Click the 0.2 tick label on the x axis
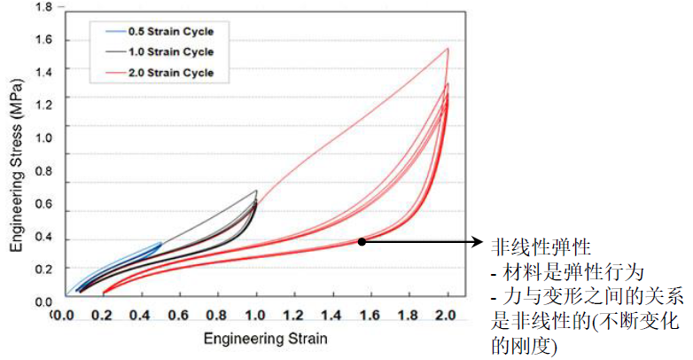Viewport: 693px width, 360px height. (103, 315)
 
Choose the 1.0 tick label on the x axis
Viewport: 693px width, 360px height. (256, 315)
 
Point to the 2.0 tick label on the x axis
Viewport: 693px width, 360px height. (448, 315)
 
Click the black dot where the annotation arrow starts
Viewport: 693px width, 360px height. (362, 240)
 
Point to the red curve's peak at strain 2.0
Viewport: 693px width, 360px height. (448, 49)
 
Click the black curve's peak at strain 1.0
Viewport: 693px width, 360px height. (256, 191)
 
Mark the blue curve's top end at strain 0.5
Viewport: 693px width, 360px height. (160, 243)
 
